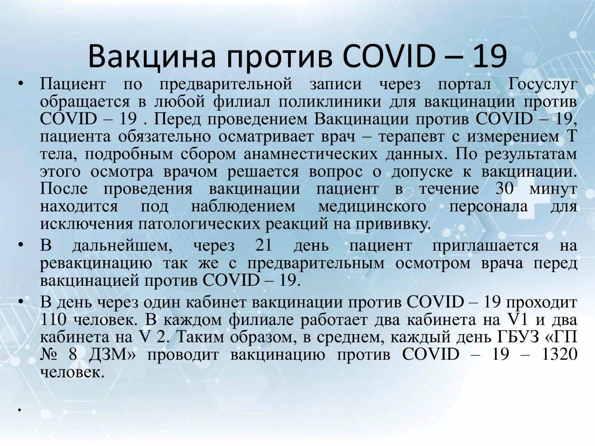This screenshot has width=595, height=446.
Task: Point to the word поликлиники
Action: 330,102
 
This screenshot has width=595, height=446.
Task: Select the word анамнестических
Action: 311,154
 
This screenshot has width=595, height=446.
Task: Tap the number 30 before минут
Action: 505,188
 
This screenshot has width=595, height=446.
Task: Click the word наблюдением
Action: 243,207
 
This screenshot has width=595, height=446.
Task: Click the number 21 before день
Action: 264,246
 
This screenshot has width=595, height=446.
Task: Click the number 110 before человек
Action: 53,320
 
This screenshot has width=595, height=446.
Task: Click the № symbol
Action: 49,354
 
